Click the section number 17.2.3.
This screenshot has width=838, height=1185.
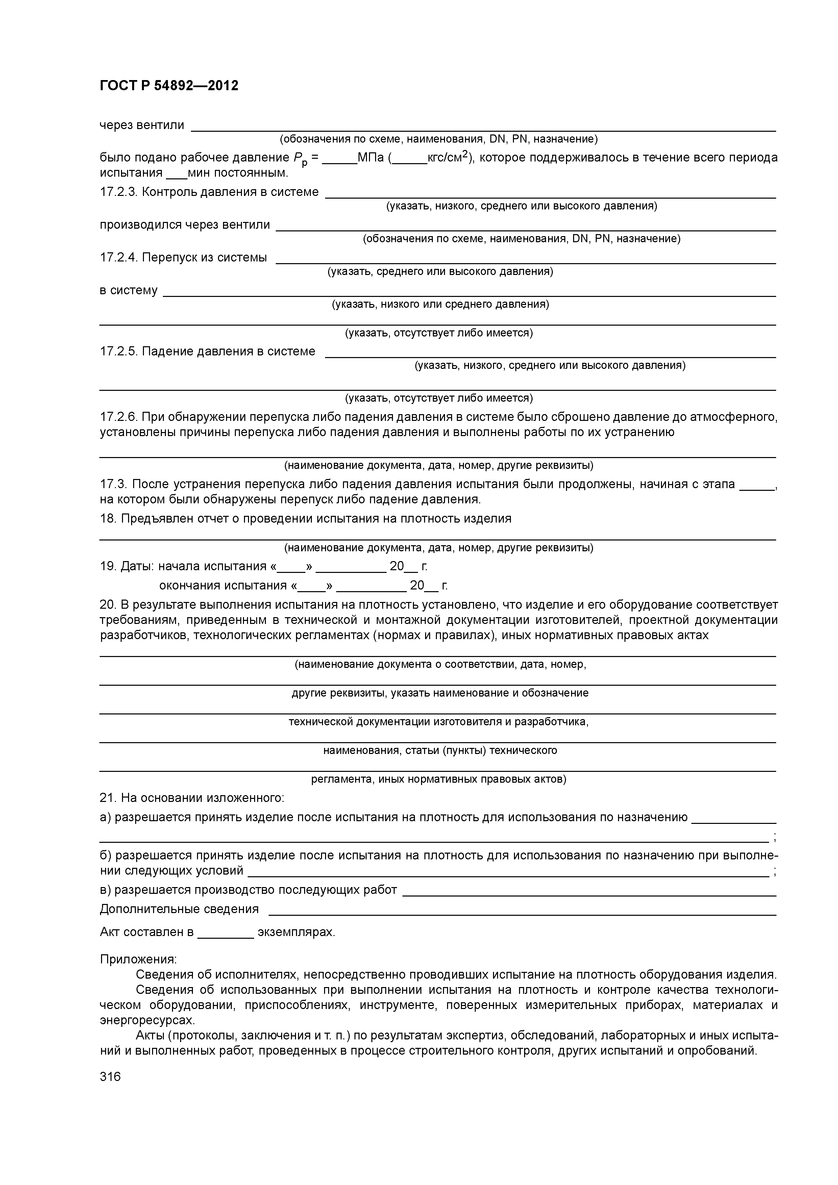[x=118, y=192]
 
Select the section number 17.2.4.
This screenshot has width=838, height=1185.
[x=118, y=257]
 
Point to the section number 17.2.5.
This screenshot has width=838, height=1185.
[x=118, y=351]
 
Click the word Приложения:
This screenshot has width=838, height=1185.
[x=138, y=959]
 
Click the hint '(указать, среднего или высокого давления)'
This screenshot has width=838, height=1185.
[x=440, y=272]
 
